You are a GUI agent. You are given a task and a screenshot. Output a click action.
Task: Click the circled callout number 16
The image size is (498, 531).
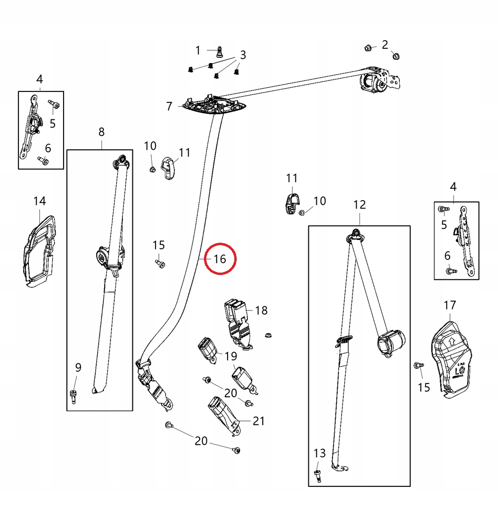(220, 259)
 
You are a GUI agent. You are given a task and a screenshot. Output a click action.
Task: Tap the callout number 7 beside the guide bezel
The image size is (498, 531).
(169, 106)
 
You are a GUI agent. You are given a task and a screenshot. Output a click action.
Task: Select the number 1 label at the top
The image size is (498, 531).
(198, 50)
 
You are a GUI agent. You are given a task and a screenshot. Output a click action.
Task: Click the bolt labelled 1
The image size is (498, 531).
(219, 51)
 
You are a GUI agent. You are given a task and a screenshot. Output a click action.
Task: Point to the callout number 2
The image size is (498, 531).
(385, 45)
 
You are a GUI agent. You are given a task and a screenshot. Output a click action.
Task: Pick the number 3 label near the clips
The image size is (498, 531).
(243, 55)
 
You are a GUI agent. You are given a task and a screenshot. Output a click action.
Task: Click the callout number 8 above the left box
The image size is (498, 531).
(101, 132)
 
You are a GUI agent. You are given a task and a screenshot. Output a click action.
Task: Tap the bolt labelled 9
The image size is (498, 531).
(74, 395)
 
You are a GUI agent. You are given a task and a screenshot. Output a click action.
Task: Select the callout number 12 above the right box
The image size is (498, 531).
(360, 205)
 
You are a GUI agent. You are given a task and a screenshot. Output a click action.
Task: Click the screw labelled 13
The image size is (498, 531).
(318, 474)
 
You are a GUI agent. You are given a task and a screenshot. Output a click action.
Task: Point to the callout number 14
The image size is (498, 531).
(40, 201)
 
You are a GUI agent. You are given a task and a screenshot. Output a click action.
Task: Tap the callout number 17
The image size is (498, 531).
(450, 304)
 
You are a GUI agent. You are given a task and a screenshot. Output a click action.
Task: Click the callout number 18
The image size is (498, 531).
(261, 311)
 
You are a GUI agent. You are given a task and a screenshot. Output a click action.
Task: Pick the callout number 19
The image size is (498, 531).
(231, 356)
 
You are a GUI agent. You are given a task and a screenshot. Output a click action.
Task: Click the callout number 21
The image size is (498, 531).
(258, 421)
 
